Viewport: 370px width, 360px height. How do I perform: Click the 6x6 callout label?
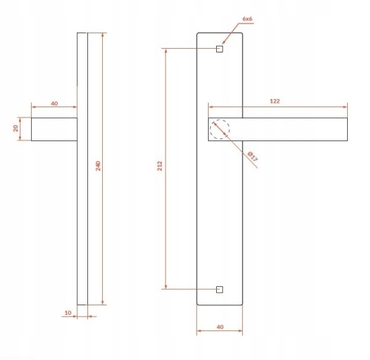pyautogui.click(x=247, y=18)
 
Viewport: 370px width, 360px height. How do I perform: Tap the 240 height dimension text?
pyautogui.click(x=98, y=166)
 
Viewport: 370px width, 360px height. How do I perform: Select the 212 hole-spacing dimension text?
pyautogui.click(x=160, y=166)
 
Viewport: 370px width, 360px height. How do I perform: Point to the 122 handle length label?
pyautogui.click(x=275, y=101)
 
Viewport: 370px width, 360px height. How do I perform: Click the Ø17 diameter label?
pyautogui.click(x=252, y=156)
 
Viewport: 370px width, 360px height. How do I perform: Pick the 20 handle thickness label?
pyautogui.click(x=16, y=128)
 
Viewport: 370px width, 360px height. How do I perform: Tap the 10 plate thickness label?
pyautogui.click(x=68, y=313)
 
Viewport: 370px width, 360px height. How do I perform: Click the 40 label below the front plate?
pyautogui.click(x=220, y=327)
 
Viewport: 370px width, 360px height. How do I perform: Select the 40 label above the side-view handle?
pyautogui.click(x=54, y=103)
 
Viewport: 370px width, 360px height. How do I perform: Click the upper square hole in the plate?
pyautogui.click(x=220, y=49)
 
